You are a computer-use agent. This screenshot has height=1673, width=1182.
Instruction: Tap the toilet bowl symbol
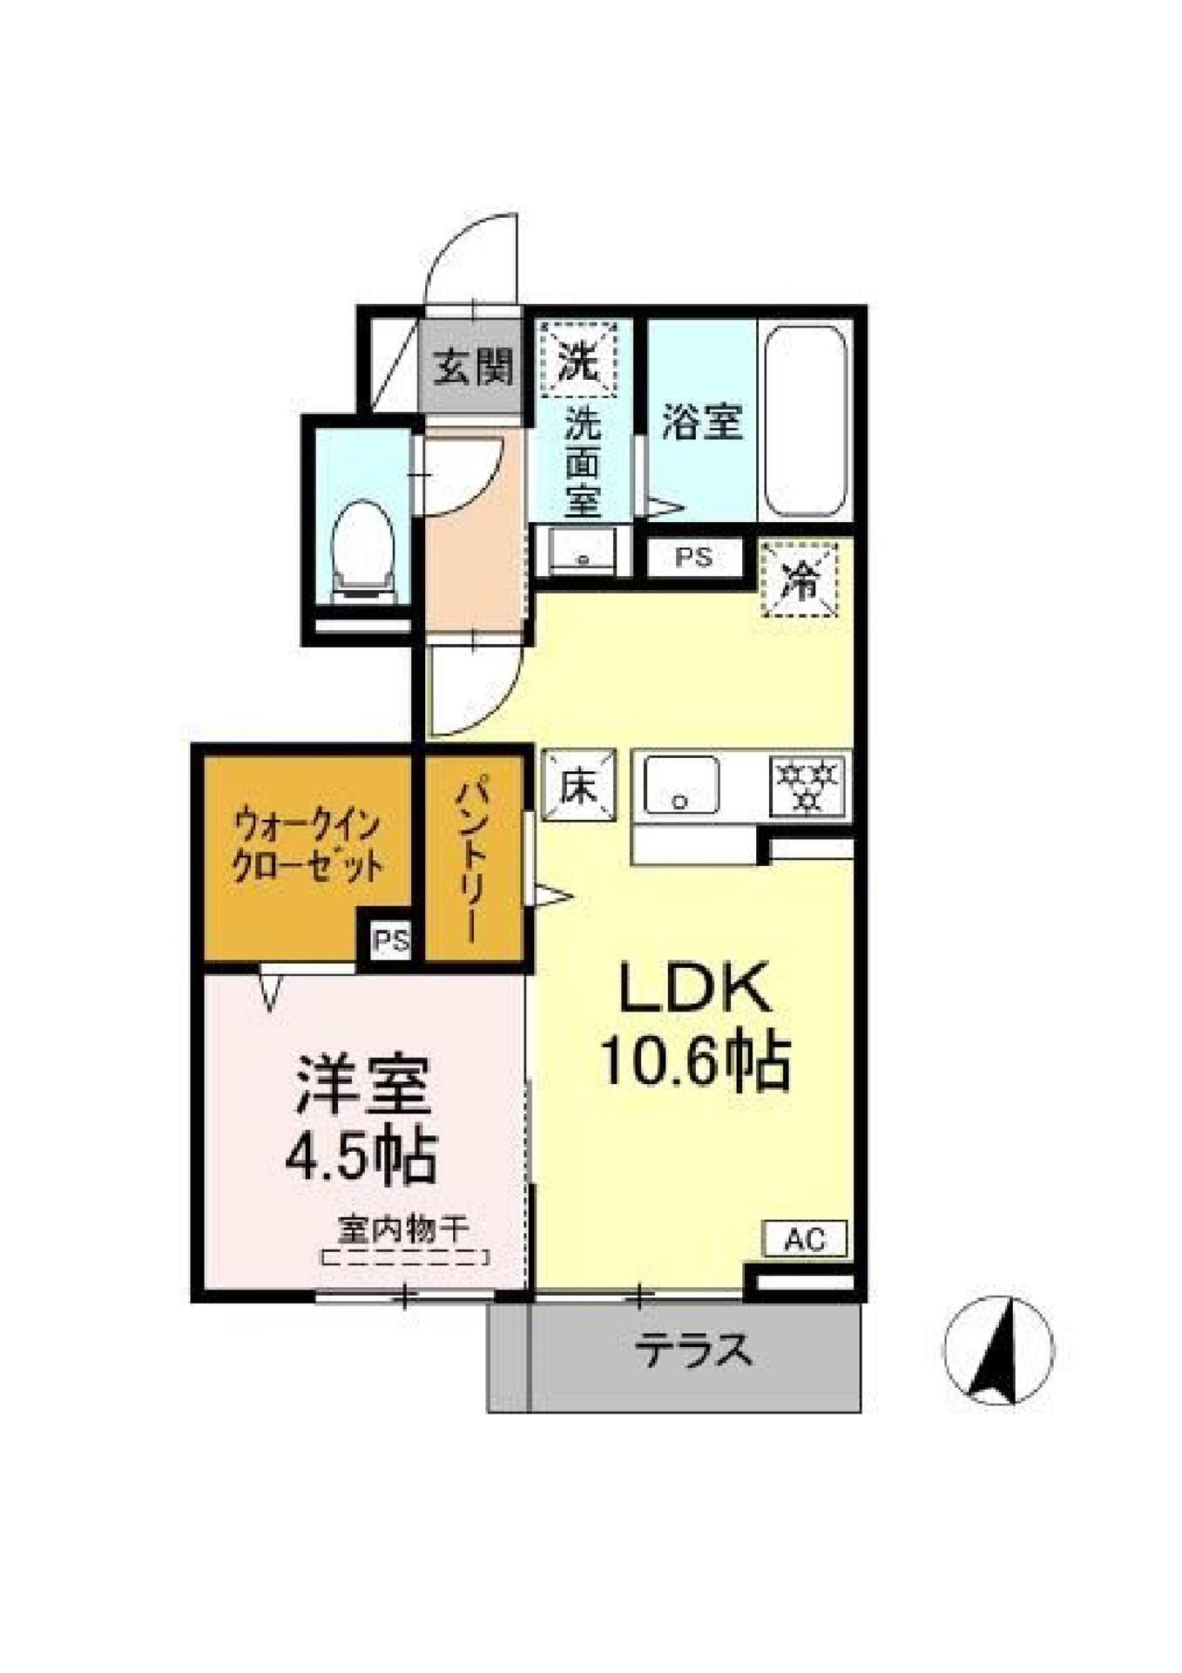tap(363, 547)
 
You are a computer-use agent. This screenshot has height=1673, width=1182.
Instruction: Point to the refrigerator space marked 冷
tap(800, 579)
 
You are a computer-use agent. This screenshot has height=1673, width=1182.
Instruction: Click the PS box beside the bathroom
tap(694, 557)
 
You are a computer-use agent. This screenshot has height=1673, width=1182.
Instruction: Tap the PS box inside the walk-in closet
tap(390, 940)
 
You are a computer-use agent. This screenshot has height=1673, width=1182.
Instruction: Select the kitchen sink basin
tap(680, 785)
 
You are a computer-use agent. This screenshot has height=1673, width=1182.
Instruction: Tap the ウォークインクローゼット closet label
tap(307, 844)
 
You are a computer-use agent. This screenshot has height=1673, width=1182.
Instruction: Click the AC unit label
tap(804, 1238)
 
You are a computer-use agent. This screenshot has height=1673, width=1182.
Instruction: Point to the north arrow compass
tap(998, 1350)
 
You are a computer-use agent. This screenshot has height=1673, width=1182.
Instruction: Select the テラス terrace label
tap(692, 1351)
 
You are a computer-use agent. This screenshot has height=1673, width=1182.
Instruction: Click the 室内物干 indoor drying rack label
tap(403, 1229)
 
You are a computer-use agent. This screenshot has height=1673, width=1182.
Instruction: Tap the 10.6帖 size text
tap(695, 1061)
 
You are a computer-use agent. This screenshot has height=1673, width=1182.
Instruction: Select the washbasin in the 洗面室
tap(582, 551)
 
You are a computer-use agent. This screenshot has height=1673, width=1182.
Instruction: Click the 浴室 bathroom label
tap(702, 422)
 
